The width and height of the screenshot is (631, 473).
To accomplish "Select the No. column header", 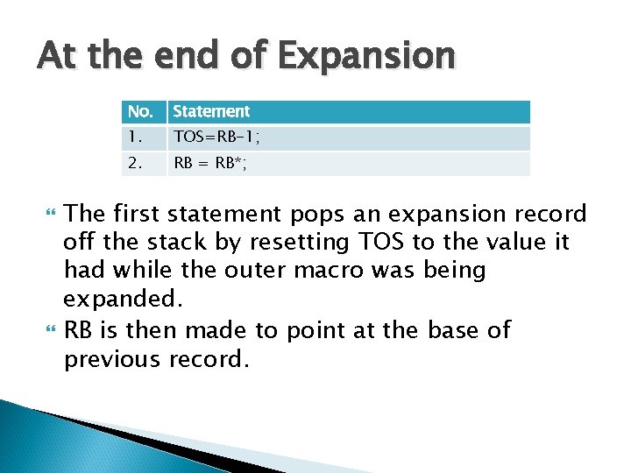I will click(x=140, y=112).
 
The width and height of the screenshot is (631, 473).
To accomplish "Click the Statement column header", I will click(x=211, y=112).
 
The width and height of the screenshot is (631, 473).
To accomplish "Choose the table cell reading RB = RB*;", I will click(x=210, y=163).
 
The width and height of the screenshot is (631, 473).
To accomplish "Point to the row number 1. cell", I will click(x=135, y=138).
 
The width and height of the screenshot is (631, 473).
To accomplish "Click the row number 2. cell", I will click(x=135, y=163).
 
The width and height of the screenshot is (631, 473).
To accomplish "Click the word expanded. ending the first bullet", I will click(x=124, y=299).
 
